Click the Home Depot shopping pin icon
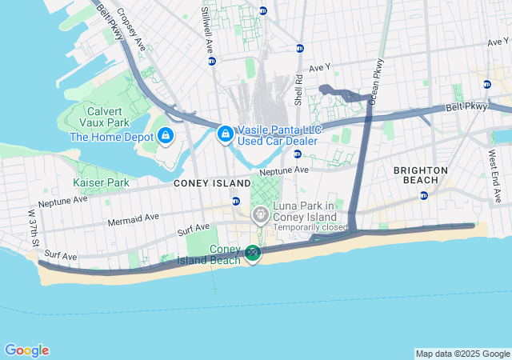click(x=166, y=136)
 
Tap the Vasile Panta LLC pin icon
click(x=226, y=131)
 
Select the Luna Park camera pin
click(x=260, y=214)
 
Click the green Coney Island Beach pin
click(x=253, y=254)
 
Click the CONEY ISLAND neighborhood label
click(x=212, y=183)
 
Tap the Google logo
click(x=26, y=350)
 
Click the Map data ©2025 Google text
click(x=462, y=354)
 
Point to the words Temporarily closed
click(x=312, y=228)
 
